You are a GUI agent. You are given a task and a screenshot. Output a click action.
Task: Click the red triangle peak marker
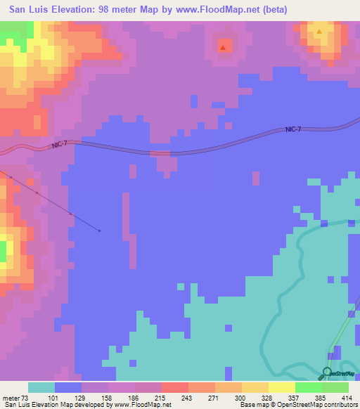223,48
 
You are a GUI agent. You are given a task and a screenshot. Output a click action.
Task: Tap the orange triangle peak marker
319,32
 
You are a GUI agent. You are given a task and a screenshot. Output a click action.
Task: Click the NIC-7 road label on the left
60,144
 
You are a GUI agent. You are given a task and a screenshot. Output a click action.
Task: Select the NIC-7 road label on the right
295,129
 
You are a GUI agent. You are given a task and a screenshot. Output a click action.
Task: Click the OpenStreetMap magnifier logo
327,372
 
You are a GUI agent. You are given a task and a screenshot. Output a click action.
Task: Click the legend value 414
348,397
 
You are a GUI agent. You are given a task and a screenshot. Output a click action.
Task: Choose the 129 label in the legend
81,397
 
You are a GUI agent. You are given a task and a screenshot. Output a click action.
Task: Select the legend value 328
241,397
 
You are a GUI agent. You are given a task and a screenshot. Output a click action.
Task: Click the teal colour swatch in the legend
41,387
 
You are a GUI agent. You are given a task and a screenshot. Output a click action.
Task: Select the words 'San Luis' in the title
27,9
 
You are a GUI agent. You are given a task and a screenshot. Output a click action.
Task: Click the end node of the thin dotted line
100,231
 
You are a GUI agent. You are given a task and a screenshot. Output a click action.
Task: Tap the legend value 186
134,397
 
